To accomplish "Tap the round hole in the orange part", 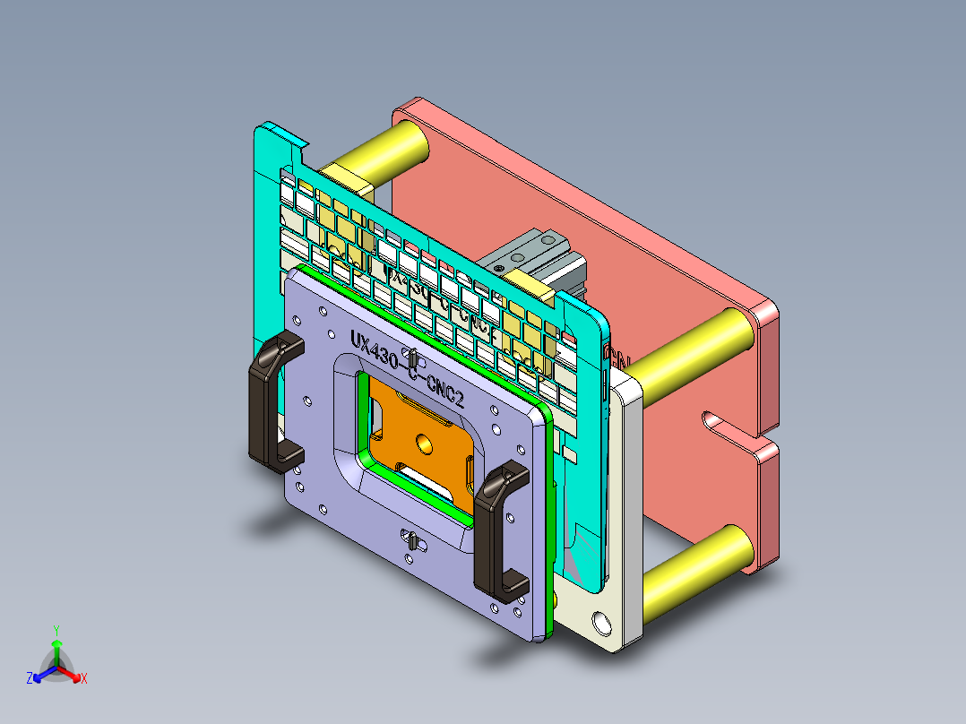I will pyautogui.click(x=422, y=443).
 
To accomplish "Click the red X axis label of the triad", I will pyautogui.click(x=84, y=679).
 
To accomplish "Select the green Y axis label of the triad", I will pyautogui.click(x=56, y=630).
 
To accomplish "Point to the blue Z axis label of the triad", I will pyautogui.click(x=30, y=679).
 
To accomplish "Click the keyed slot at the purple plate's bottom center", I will pyautogui.click(x=411, y=542).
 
